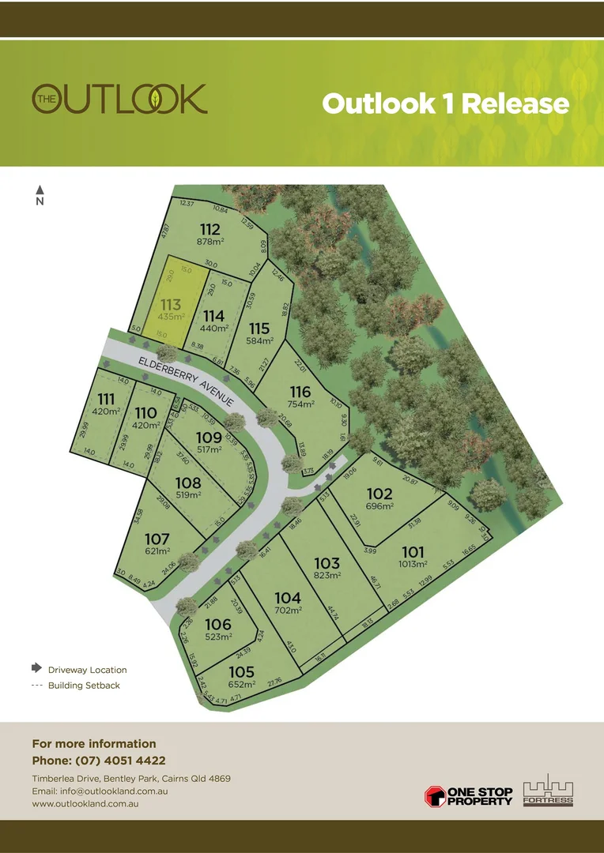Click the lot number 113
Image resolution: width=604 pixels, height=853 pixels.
tap(171, 304)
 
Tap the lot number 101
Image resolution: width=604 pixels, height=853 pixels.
tap(412, 552)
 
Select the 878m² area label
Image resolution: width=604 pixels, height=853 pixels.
tap(211, 243)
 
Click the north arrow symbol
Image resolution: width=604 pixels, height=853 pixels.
tap(40, 190)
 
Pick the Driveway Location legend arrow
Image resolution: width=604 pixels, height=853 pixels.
tap(36, 668)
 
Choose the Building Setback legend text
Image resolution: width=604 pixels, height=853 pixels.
tap(84, 686)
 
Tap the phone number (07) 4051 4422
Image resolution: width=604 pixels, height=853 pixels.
tap(120, 761)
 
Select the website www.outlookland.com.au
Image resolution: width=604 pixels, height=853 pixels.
tap(86, 803)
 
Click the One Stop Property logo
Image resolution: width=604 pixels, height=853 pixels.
tap(469, 795)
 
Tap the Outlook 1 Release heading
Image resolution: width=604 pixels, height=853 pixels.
tap(445, 103)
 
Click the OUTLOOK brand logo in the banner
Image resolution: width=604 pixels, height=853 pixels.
tap(119, 99)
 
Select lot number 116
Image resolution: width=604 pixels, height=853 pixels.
tap(300, 392)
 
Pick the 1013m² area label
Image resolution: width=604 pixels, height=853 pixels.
tap(412, 564)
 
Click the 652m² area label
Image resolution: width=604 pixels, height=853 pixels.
tap(242, 684)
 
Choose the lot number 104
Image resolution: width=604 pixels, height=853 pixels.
tap(288, 598)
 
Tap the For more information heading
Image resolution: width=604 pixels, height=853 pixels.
tap(94, 744)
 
